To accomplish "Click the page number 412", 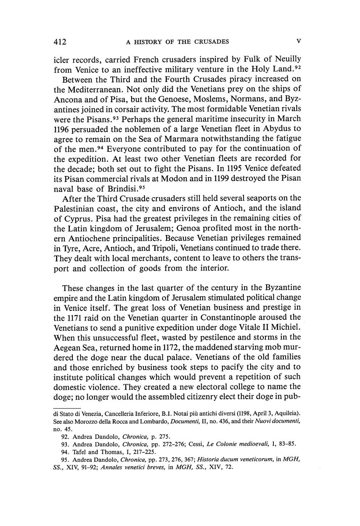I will pyautogui.click(x=60, y=42).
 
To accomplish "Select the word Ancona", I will pyautogui.click(x=67, y=99).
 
